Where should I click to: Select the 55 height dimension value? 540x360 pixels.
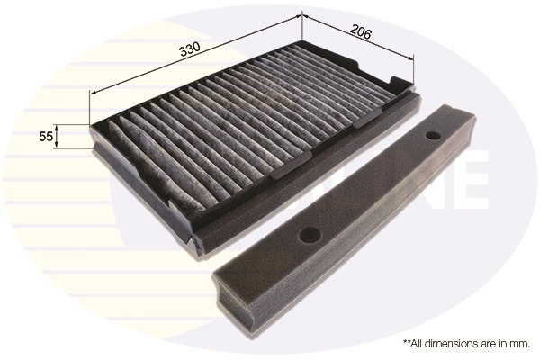(44, 137)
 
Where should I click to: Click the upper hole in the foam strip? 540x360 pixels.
(434, 137)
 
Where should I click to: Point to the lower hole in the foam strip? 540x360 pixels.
(312, 235)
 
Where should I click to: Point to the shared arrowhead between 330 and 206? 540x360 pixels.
(301, 15)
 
